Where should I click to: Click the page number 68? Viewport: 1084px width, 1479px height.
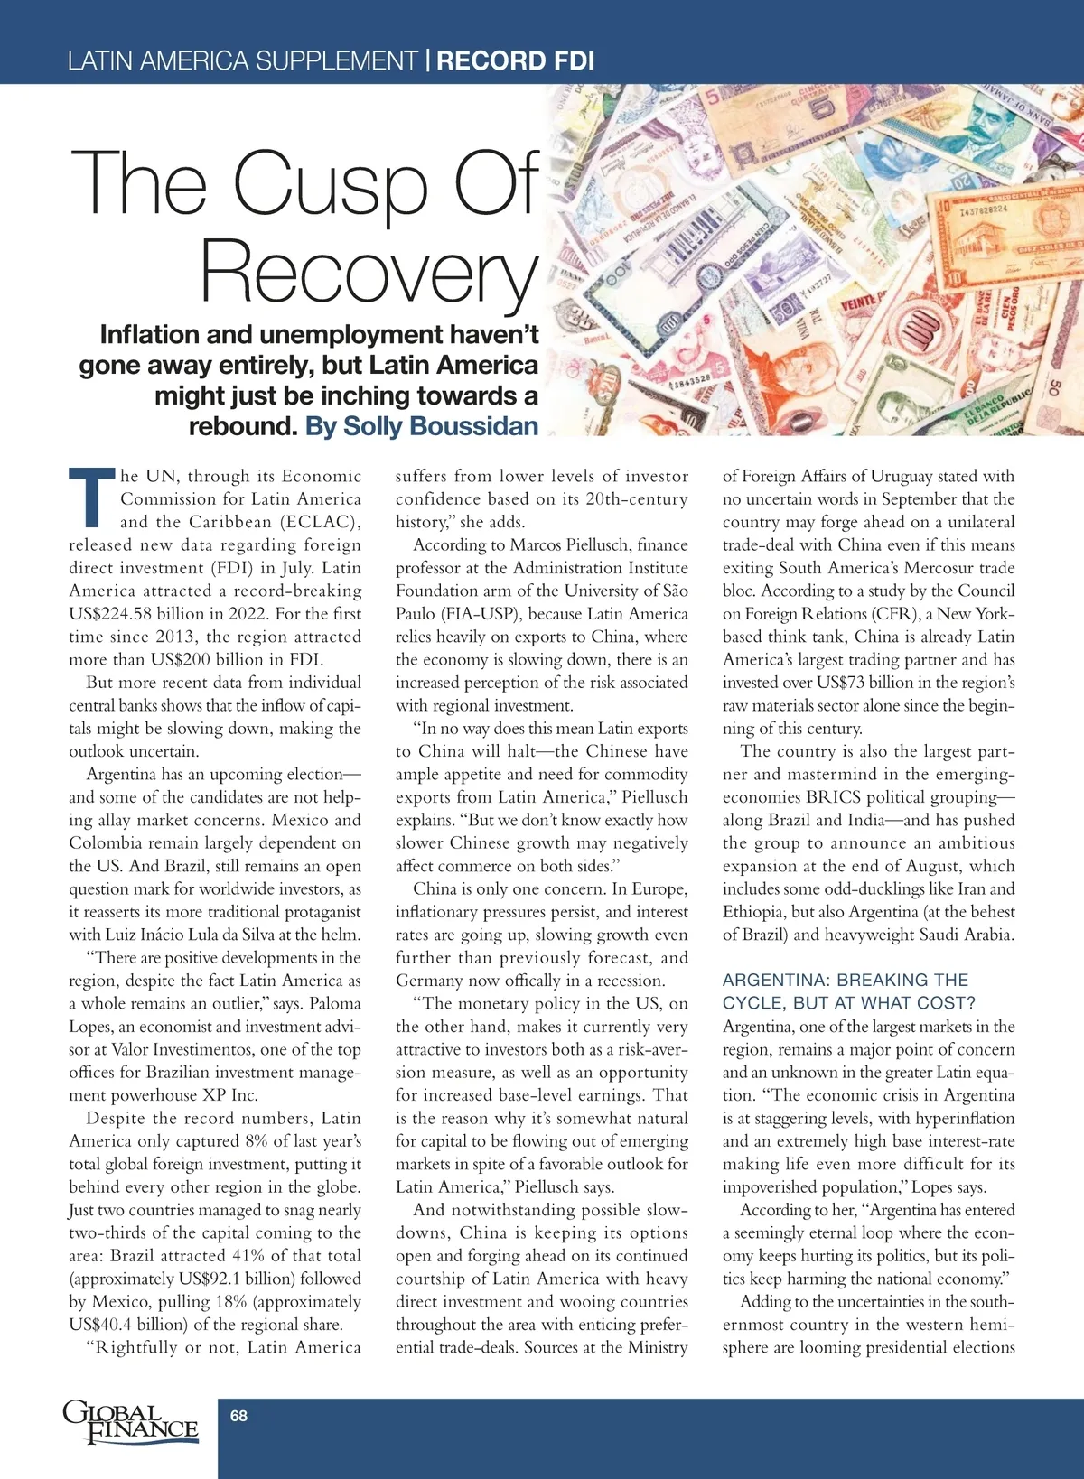coord(238,1416)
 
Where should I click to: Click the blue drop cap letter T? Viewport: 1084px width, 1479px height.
coord(92,498)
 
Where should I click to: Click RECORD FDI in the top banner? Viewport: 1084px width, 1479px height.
coord(516,61)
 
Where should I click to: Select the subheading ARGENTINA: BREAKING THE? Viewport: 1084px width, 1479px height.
coord(846,980)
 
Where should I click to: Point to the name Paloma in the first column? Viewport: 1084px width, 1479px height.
coord(334,1003)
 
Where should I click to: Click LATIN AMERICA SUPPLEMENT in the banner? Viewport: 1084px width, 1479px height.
coord(242,61)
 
